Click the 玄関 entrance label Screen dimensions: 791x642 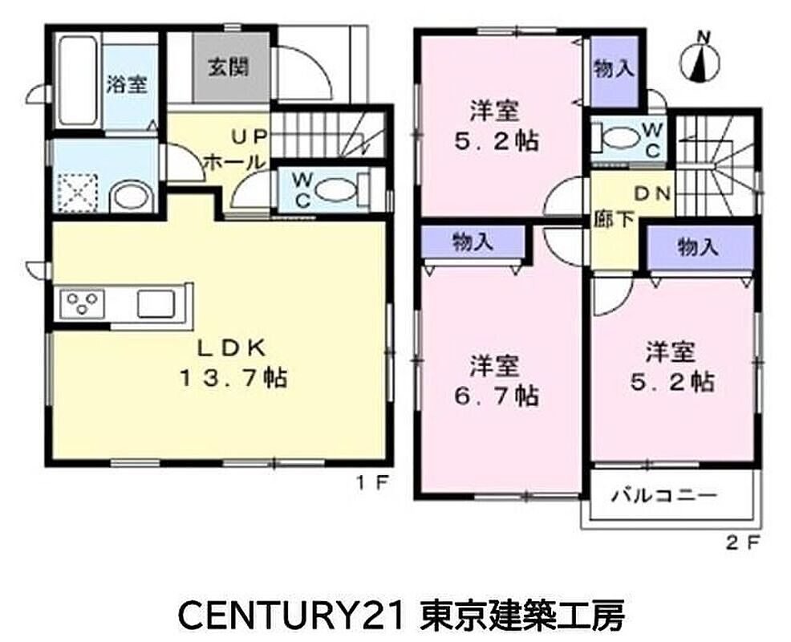(229, 67)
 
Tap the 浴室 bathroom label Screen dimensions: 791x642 (127, 84)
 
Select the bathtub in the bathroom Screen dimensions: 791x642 (77, 81)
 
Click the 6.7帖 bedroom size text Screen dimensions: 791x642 (496, 396)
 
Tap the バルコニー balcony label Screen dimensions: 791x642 (664, 496)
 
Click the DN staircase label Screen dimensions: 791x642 (651, 193)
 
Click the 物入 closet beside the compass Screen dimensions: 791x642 (614, 69)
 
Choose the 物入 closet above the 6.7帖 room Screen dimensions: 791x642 (473, 242)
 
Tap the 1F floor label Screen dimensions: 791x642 (373, 483)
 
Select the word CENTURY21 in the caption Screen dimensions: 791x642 (291, 616)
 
